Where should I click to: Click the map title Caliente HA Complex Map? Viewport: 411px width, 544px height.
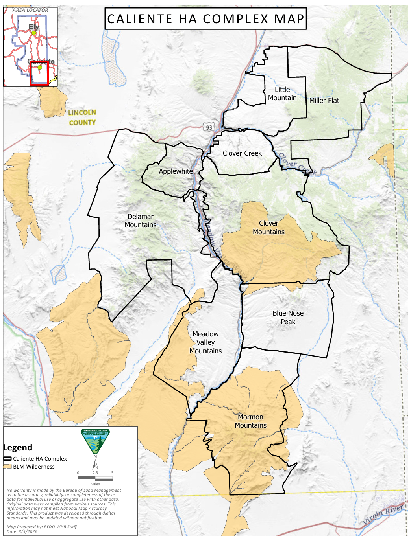coord(205,19)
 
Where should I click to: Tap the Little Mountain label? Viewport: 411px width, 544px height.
coord(282,94)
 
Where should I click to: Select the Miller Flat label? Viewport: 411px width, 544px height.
coord(324,101)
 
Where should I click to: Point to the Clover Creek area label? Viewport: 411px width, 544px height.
coord(242,153)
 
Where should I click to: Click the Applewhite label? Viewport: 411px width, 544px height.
coord(176,171)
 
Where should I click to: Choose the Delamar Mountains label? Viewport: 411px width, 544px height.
coord(141,221)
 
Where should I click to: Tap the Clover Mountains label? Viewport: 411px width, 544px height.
coord(268,228)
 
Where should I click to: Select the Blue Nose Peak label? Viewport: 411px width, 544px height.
coord(288,318)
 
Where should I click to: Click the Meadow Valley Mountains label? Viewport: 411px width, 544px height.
coord(205,342)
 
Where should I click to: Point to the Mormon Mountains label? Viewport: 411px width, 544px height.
coord(250,421)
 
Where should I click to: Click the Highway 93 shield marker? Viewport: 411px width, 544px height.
coord(209,127)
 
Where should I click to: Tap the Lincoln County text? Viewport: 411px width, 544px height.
coord(82,118)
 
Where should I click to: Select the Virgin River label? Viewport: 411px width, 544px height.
coord(383,515)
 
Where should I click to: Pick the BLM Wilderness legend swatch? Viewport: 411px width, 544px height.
coord(7,467)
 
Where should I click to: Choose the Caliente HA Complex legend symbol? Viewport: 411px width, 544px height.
coord(7,459)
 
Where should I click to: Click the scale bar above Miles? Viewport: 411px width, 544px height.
coord(95,479)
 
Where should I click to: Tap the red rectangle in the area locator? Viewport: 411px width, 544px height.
coord(39,73)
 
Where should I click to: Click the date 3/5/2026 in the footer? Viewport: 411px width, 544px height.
coord(28,531)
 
